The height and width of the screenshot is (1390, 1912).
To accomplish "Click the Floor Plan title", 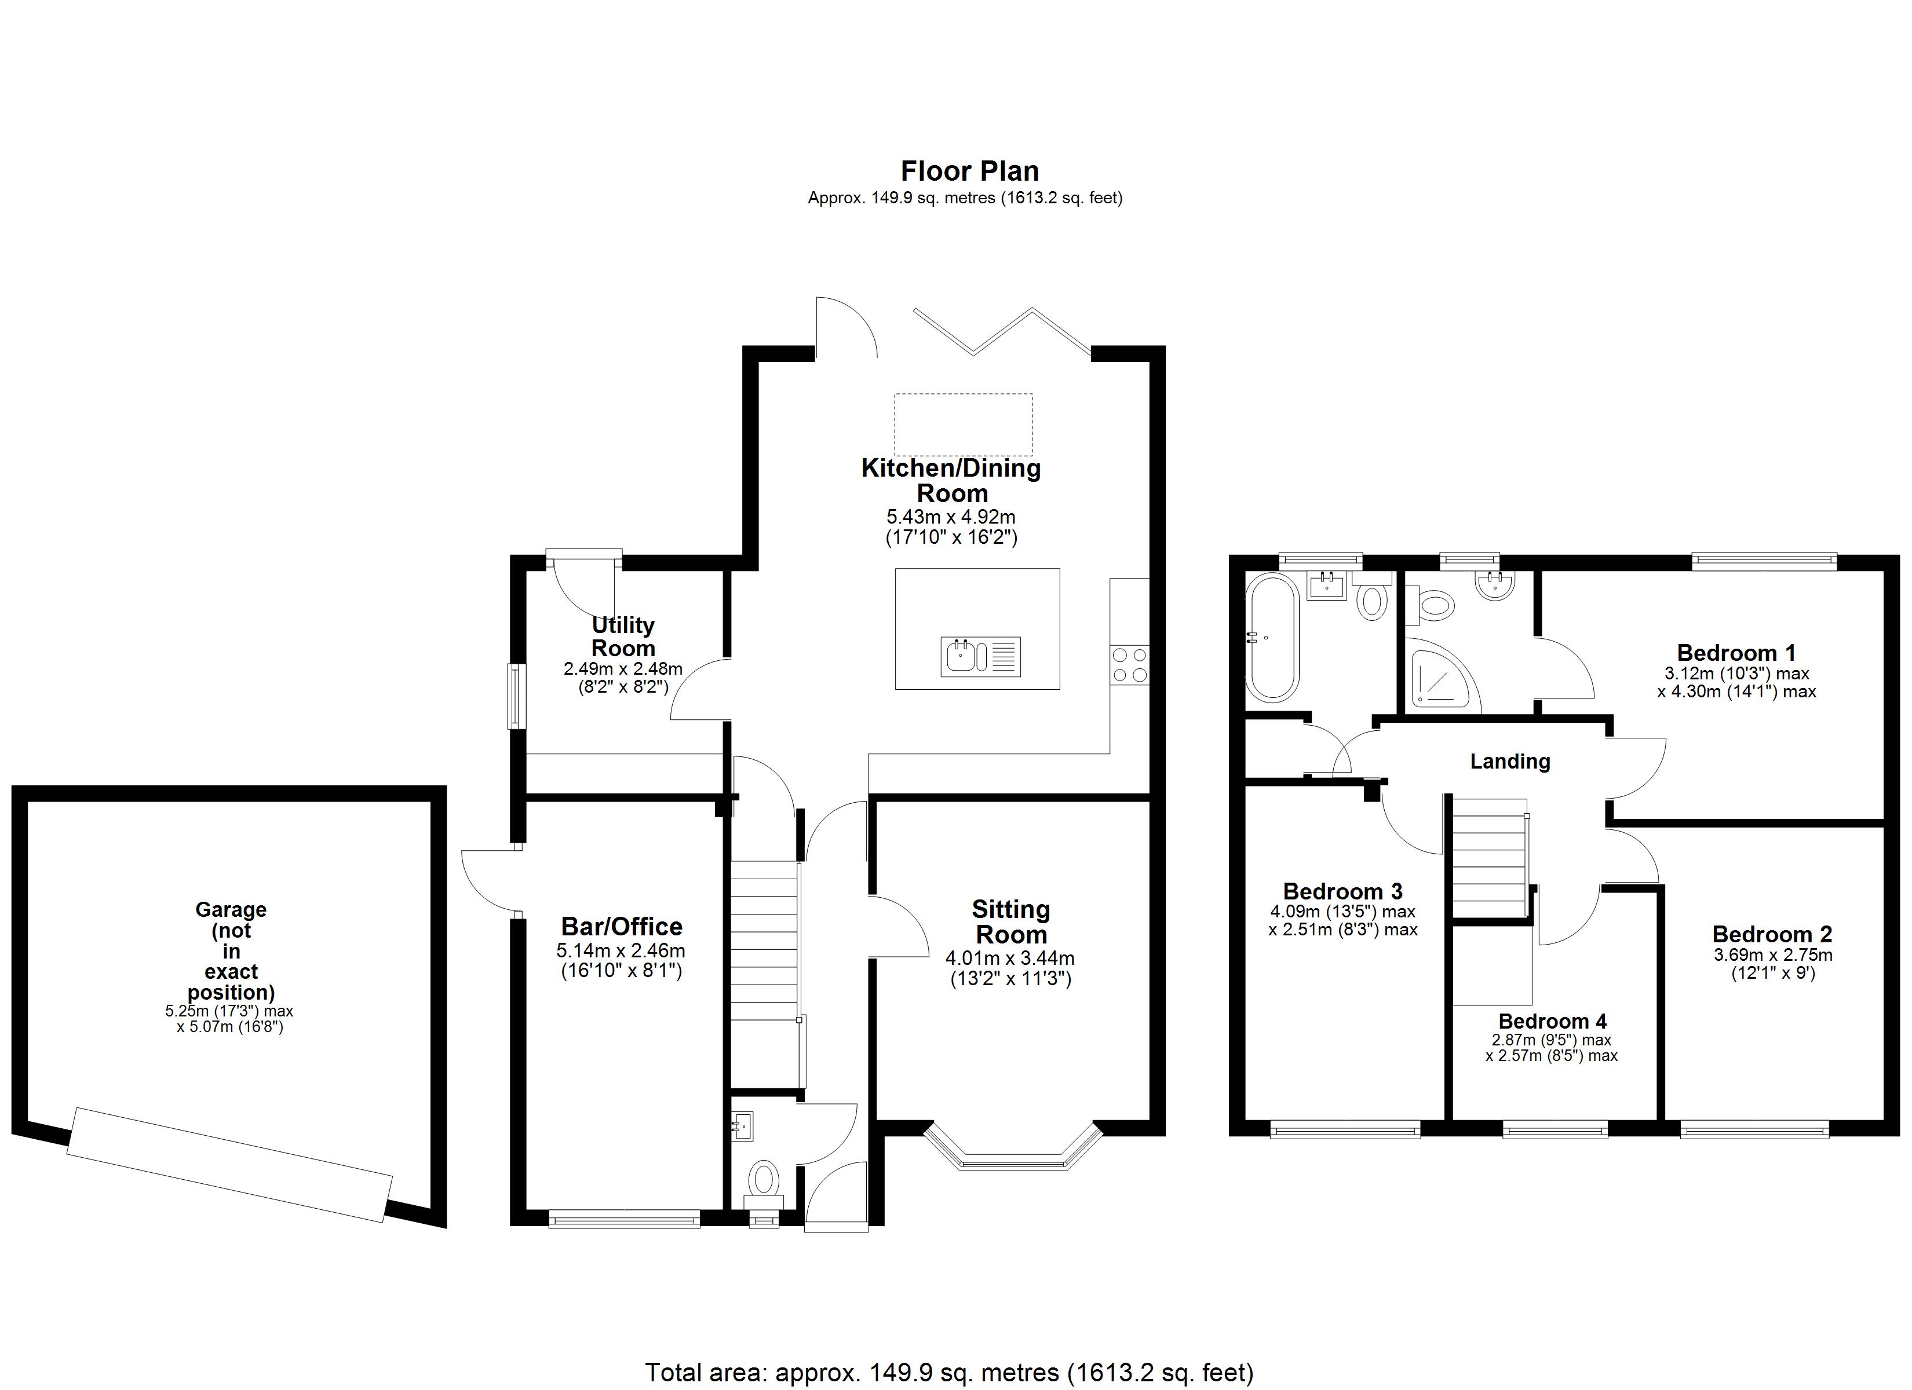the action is point(969,171).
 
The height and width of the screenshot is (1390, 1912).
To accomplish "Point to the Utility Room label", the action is point(623,637).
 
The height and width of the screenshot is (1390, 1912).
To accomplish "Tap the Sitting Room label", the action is point(1011,921).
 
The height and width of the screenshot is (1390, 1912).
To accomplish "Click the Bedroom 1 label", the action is point(1736,653).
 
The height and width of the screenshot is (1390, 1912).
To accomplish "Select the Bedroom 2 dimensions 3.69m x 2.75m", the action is point(1772,955).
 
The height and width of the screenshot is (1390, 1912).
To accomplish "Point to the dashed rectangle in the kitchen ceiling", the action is point(963,424).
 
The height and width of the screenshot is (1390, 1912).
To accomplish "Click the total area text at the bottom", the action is point(949,1372).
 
